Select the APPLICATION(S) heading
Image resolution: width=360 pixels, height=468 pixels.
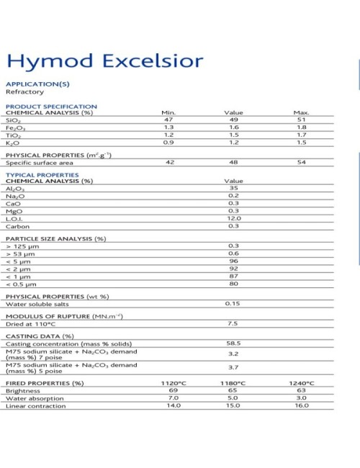coord(37,84)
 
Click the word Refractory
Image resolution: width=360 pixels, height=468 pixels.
coord(24,92)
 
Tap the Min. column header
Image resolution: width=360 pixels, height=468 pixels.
coord(168,112)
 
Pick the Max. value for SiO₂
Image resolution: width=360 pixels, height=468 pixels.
coord(301,120)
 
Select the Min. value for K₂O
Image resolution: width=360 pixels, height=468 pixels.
coord(168,143)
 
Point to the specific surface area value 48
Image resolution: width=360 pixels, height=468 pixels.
coord(234,163)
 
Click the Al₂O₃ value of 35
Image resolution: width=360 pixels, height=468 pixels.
coord(234,188)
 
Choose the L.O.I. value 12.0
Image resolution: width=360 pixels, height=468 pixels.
coord(234,218)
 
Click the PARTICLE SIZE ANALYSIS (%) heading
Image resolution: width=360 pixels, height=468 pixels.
coord(56,238)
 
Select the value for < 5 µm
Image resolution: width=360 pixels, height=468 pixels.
coord(234,261)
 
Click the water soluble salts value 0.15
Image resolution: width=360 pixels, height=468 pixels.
coord(233,303)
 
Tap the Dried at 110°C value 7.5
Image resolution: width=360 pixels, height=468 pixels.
coord(234,323)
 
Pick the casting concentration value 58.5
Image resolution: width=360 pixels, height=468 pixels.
coord(234,343)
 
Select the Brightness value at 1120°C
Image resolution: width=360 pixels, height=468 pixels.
coord(173,390)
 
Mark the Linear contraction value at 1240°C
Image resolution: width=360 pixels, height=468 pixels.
coord(301,405)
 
